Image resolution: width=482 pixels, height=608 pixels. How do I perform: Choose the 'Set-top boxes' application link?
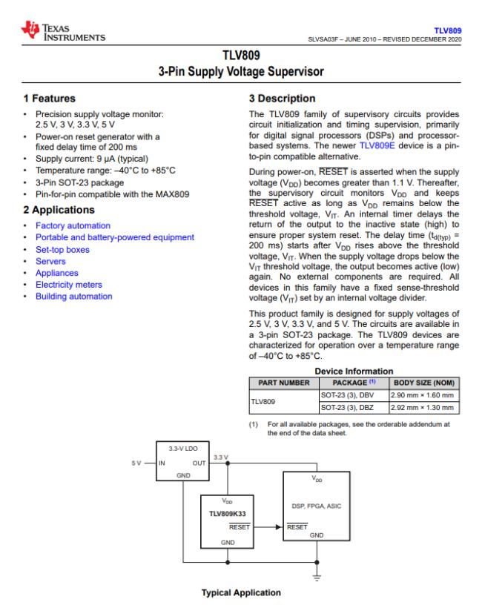click(x=62, y=249)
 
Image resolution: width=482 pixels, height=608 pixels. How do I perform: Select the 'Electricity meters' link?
click(x=69, y=285)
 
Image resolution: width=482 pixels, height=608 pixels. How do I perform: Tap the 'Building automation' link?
click(x=73, y=297)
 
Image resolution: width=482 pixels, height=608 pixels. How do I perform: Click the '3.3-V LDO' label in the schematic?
click(x=185, y=449)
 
